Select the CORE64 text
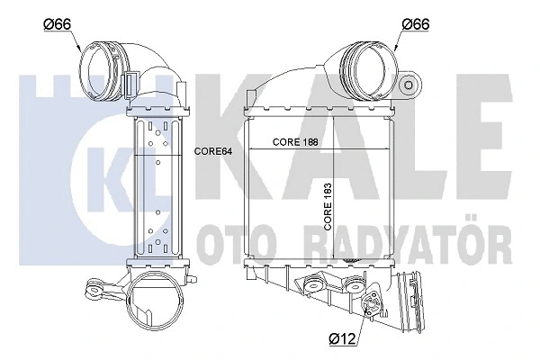213,151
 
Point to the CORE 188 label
294,142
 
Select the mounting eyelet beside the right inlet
412,85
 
